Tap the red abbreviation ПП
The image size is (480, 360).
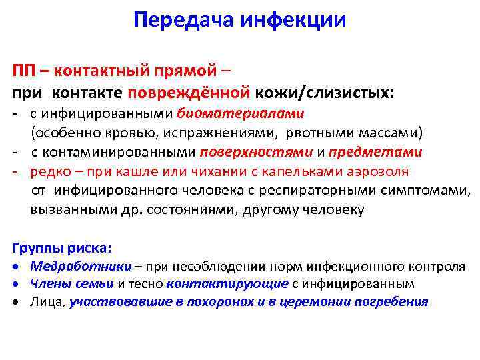click(x=27, y=70)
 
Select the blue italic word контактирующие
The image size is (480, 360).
click(x=227, y=283)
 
